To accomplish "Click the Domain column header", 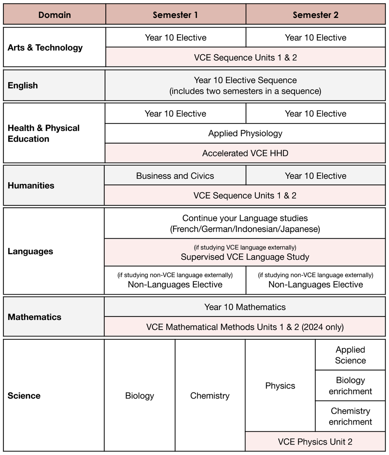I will [x=54, y=15].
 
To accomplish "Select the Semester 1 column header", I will [x=175, y=15].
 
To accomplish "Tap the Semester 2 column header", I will [x=315, y=15].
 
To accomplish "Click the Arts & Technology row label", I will [x=45, y=47].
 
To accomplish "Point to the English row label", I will [x=23, y=86].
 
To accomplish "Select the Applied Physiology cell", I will [x=245, y=134].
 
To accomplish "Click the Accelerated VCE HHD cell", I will [x=245, y=153].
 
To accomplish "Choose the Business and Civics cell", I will [x=175, y=176].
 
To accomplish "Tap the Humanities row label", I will [x=31, y=186].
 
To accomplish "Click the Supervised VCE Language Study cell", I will [x=245, y=253].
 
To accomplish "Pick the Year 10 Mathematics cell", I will [x=245, y=307].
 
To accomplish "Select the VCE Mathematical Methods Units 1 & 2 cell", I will [x=245, y=327].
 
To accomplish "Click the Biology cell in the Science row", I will [x=140, y=396].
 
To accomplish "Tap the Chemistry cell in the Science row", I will [x=210, y=396].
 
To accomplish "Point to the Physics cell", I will [x=280, y=386].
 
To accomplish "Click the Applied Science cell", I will [x=350, y=355].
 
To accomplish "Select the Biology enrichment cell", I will [x=350, y=386].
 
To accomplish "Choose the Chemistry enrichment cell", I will [x=350, y=416].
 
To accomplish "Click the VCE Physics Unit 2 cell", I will [x=315, y=442].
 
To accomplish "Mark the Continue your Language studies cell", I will [x=245, y=223].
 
